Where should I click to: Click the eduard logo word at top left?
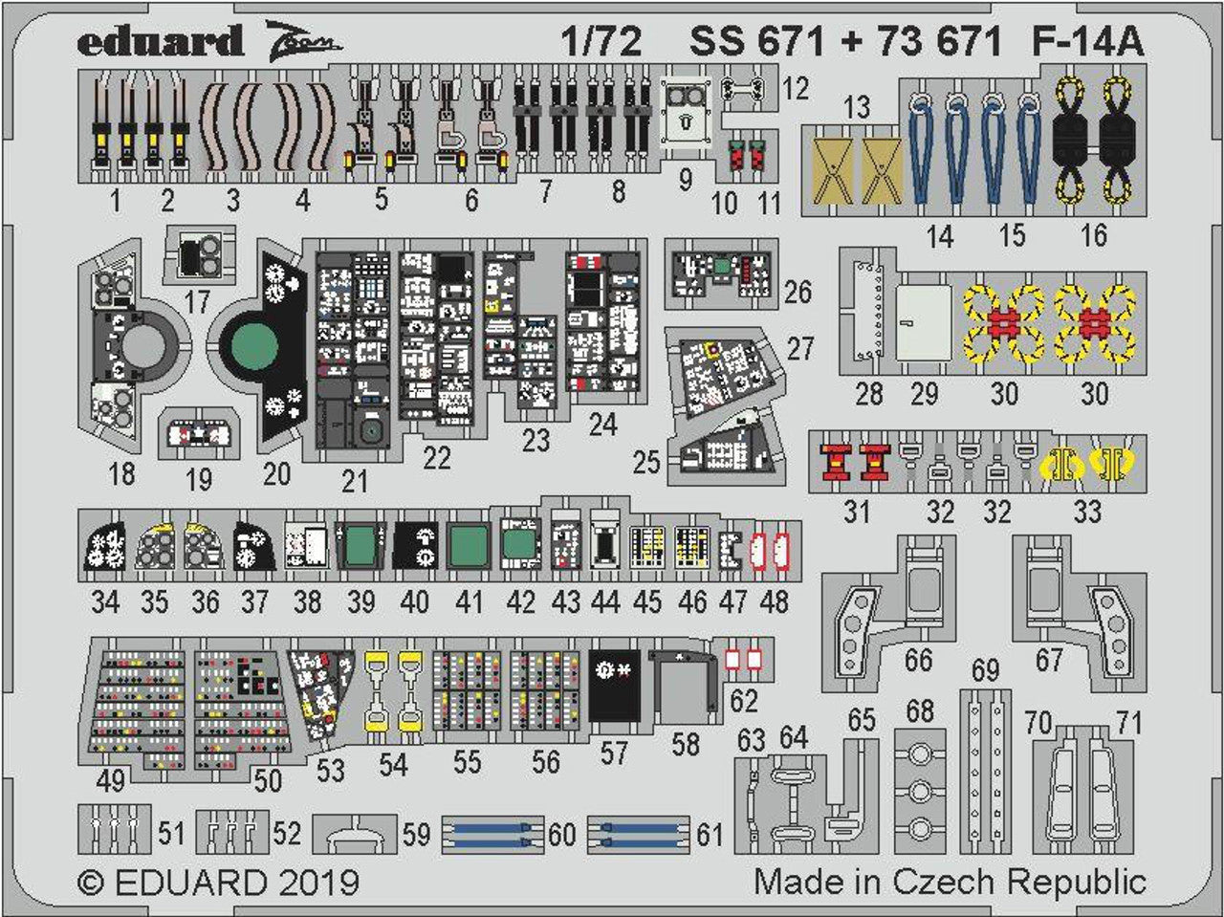pyautogui.click(x=160, y=42)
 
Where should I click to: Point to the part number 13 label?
pyautogui.click(x=857, y=107)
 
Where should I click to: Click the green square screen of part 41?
pyautogui.click(x=468, y=546)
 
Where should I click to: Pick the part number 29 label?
pyautogui.click(x=924, y=394)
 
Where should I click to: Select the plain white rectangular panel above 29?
pyautogui.click(x=924, y=323)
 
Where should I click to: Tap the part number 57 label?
pyautogui.click(x=613, y=753)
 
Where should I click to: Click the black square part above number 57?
pyautogui.click(x=614, y=685)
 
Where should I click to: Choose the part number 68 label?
pyautogui.click(x=919, y=711)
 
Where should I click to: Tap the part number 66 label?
pyautogui.click(x=918, y=660)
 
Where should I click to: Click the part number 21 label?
pyautogui.click(x=354, y=480)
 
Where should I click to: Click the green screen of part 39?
pyautogui.click(x=361, y=546)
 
